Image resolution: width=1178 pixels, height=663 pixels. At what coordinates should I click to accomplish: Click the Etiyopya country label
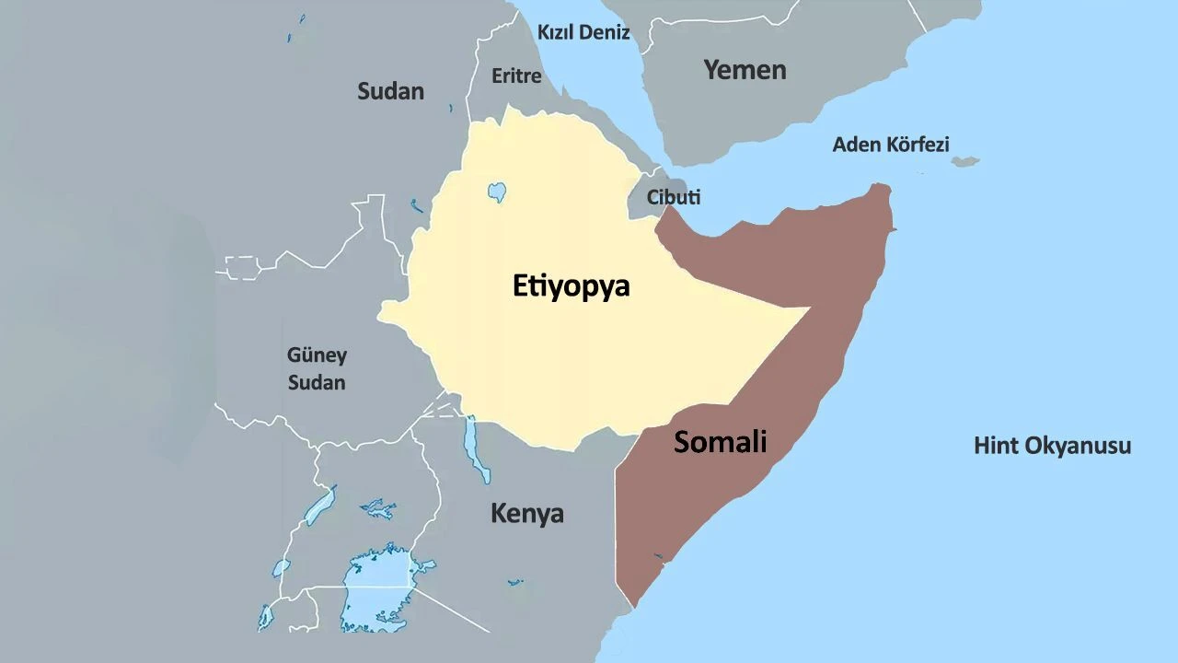571,286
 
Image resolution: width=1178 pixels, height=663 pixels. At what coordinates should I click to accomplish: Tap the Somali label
720,442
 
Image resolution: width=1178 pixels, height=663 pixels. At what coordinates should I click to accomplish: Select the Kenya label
526,513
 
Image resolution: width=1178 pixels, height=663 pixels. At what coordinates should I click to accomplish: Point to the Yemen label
745,69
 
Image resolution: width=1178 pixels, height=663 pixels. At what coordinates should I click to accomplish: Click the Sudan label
390,90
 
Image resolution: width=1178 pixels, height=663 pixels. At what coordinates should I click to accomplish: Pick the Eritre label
516,76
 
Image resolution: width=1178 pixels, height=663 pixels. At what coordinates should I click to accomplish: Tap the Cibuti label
673,197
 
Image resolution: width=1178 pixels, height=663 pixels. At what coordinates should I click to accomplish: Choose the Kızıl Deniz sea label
583,32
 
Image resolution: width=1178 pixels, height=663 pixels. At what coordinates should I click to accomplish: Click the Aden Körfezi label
890,145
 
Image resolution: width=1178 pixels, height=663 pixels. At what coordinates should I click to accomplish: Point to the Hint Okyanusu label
1052,446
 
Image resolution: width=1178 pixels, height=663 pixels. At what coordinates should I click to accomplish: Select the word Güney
317,355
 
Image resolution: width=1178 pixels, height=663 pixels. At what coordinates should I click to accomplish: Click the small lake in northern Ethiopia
496,192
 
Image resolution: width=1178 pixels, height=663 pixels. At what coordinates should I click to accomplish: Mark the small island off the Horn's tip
964,162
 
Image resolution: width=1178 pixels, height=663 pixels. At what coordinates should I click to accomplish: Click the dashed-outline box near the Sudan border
243,267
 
